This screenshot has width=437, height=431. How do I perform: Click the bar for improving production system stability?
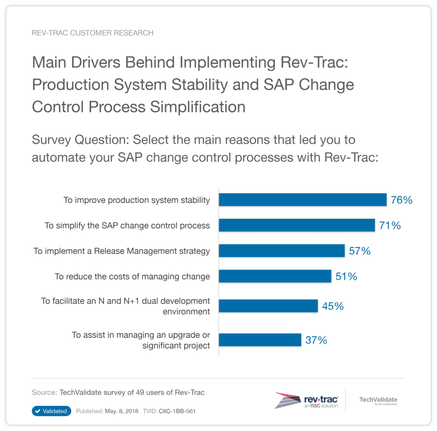tap(303, 200)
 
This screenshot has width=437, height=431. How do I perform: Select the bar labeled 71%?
tap(297, 225)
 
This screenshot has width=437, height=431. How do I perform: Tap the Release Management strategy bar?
tap(282, 251)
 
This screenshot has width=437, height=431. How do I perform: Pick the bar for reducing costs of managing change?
tap(275, 276)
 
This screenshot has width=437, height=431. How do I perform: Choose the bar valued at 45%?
tap(268, 306)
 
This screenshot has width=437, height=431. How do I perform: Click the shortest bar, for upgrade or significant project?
tap(260, 340)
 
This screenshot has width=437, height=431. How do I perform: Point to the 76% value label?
tap(402, 200)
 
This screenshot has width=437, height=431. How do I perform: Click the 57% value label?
tap(360, 251)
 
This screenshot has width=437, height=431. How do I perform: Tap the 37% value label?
tap(316, 340)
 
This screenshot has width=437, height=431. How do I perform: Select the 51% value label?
tap(346, 276)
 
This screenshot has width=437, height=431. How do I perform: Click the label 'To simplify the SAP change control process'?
tap(127, 226)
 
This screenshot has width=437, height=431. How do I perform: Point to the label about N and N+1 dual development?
tap(125, 306)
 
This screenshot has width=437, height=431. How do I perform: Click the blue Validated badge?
tap(51, 411)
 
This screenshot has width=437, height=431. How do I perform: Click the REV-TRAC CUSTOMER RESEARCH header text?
tap(93, 33)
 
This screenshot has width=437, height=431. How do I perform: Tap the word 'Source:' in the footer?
tap(45, 392)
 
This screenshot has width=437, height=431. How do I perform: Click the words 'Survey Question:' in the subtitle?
tap(81, 140)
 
